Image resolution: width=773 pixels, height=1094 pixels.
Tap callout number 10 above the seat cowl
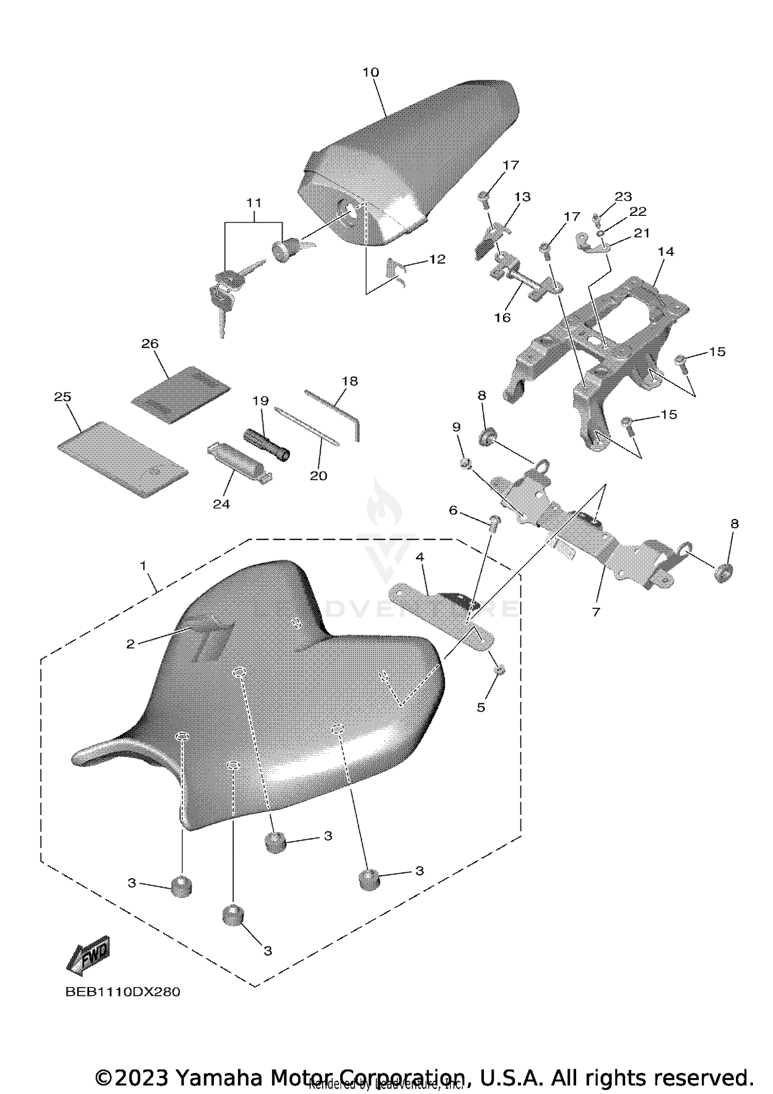tap(371, 72)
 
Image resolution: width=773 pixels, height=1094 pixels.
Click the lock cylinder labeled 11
tap(281, 252)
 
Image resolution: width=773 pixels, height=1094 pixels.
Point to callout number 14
tap(666, 251)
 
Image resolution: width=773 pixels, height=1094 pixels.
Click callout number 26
tap(150, 344)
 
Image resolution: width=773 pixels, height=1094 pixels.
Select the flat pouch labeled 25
tap(122, 458)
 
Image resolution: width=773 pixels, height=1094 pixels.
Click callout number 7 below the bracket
tap(596, 612)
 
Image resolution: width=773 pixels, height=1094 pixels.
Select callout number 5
tap(481, 707)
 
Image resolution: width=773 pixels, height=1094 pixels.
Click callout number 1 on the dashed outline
tap(143, 566)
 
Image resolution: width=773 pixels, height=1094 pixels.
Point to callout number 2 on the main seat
tap(130, 644)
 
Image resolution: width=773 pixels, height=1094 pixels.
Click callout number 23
tap(623, 196)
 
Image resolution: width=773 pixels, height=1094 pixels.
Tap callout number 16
tap(502, 317)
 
